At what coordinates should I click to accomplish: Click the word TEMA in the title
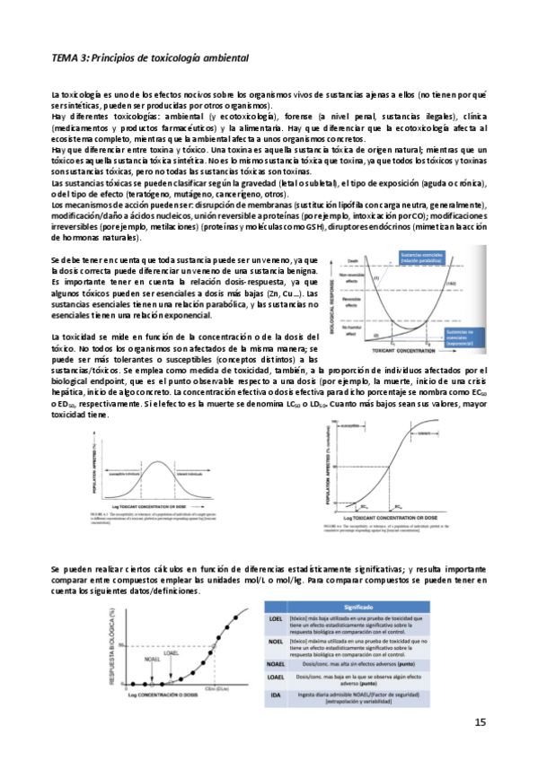click(x=66, y=58)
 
